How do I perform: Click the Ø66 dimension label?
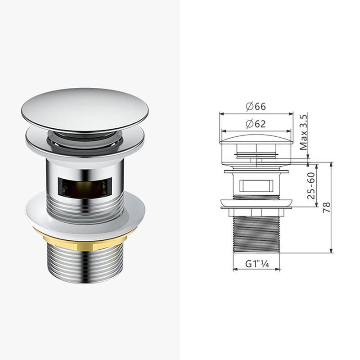click(x=256, y=106)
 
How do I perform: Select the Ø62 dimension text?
click(x=256, y=124)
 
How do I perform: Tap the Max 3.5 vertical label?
click(x=303, y=132)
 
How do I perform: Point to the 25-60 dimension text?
click(x=311, y=185)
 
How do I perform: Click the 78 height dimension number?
click(x=327, y=207)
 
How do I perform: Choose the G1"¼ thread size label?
click(x=256, y=264)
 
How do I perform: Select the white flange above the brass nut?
click(x=85, y=213)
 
